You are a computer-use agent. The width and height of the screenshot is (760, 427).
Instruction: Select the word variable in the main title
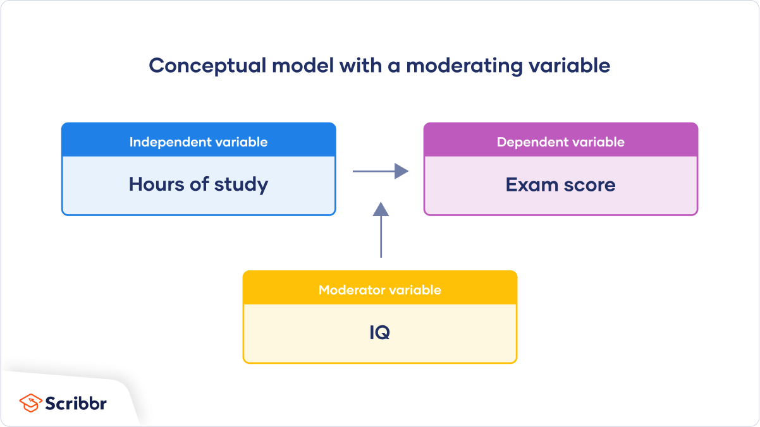[572, 66]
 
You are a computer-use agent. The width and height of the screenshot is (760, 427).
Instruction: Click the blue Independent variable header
[199, 141]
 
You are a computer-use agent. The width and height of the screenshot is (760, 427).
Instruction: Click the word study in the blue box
[240, 184]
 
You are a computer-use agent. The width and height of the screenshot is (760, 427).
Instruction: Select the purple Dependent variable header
[561, 141]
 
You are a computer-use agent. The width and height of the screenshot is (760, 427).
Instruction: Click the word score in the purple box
[589, 184]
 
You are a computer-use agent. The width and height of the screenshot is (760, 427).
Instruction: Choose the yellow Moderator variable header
[380, 289]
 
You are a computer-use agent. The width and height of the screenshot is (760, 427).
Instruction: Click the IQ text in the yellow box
[380, 333]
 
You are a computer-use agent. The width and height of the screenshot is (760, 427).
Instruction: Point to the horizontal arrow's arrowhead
[401, 171]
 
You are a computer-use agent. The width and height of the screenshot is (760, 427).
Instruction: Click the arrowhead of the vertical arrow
[381, 209]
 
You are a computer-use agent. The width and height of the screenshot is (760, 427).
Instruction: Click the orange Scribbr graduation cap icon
[30, 403]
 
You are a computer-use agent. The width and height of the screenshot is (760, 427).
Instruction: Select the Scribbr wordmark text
[76, 403]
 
